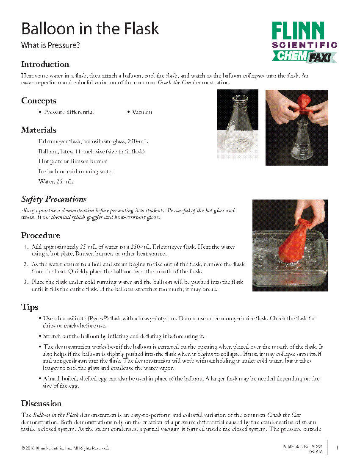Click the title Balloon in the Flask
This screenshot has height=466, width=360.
tap(90, 29)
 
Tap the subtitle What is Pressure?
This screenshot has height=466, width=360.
tap(50, 45)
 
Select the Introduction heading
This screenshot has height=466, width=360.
tap(45, 64)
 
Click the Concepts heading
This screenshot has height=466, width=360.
tap(39, 101)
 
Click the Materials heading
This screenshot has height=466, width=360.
tap(39, 130)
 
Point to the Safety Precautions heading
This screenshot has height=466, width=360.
tap(54, 199)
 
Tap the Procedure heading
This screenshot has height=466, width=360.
tap(41, 236)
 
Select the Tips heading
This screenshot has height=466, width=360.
tap(30, 307)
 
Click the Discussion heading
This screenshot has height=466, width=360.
tap(42, 404)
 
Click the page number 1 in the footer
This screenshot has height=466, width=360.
tap(337, 448)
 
